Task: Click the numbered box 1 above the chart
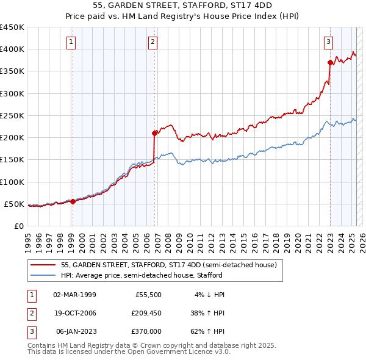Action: (72, 42)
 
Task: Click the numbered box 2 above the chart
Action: (152, 42)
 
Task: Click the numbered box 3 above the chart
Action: (328, 42)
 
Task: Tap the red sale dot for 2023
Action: (330, 62)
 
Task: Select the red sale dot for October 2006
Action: (155, 132)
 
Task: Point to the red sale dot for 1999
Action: (73, 201)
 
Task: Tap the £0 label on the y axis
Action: (19, 226)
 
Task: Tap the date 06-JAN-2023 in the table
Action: (76, 331)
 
